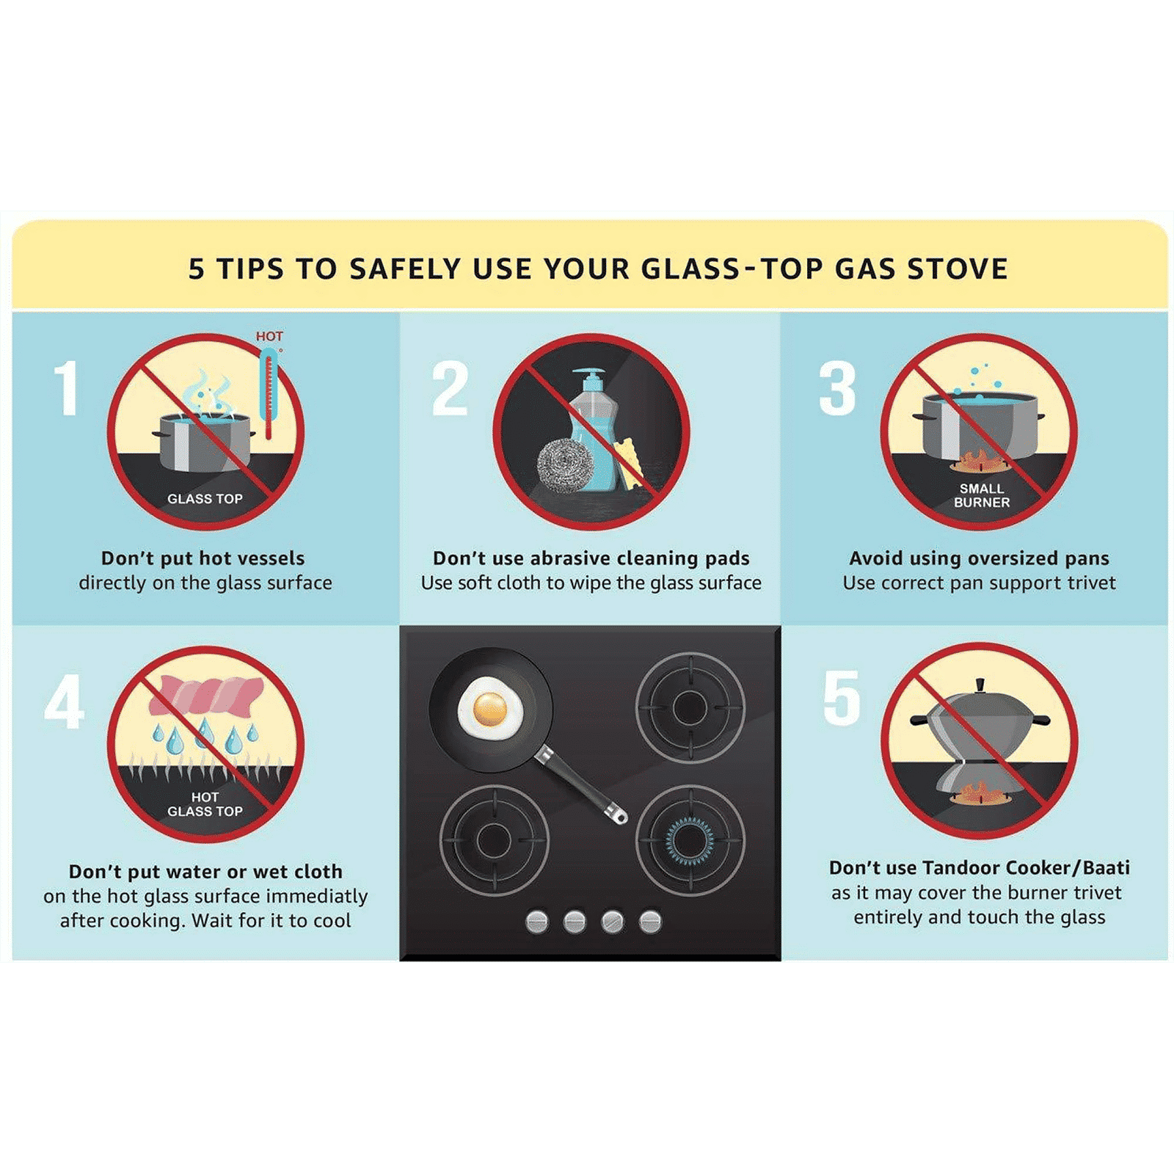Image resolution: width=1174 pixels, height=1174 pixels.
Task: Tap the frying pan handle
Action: coord(580,784)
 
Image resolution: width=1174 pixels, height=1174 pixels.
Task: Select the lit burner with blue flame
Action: coord(690,840)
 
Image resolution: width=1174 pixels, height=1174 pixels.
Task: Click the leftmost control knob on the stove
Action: coord(537,921)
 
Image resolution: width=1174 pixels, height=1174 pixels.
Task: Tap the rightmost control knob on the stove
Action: coord(650,921)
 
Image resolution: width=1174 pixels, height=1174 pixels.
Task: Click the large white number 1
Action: coord(67,388)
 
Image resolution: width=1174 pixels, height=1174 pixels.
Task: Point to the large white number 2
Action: coord(450,388)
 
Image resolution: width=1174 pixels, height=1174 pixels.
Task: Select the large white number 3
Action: coord(837,388)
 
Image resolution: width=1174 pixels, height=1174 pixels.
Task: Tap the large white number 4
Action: coord(65,701)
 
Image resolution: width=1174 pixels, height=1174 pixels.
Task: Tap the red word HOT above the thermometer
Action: coord(269,336)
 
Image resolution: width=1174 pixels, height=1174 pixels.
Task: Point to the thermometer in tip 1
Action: coord(269,394)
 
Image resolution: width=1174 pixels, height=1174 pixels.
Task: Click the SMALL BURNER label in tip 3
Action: coord(982,495)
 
